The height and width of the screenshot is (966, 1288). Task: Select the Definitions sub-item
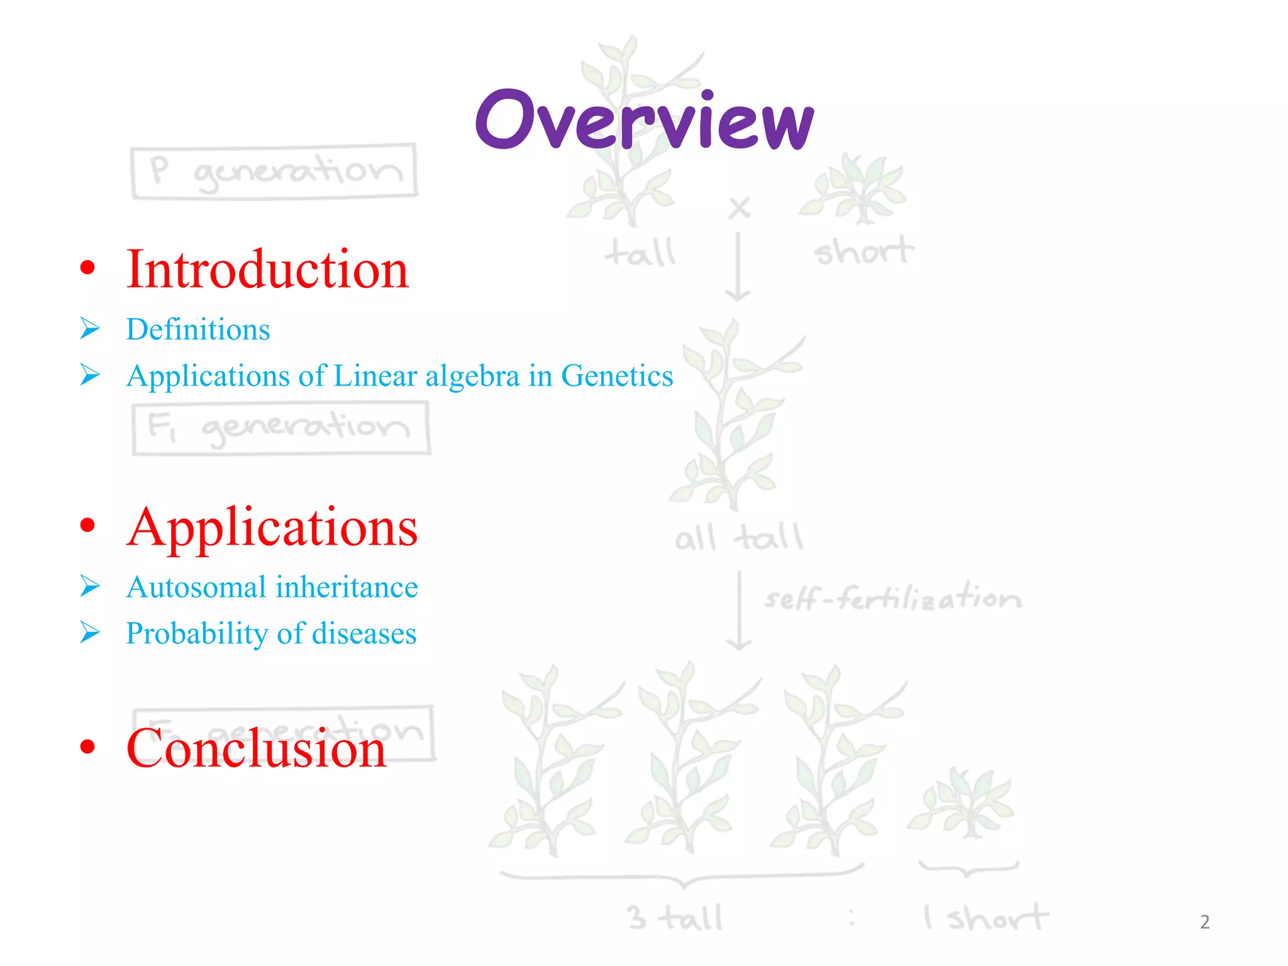(x=197, y=330)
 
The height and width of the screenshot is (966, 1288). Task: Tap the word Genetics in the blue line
(x=616, y=375)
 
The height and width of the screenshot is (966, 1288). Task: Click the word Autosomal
(x=196, y=587)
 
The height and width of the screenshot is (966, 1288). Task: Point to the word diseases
(x=364, y=633)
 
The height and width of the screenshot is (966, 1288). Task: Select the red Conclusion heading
(x=256, y=748)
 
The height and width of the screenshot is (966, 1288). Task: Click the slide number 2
(x=1204, y=922)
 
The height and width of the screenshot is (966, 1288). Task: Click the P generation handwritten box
(x=274, y=171)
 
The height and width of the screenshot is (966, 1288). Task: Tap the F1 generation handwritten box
(x=280, y=428)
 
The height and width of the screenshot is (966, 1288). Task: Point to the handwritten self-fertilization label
(x=892, y=597)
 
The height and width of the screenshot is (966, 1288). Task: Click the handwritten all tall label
(x=738, y=538)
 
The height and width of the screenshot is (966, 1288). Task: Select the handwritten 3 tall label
(x=675, y=918)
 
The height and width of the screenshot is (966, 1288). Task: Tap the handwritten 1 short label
(x=985, y=918)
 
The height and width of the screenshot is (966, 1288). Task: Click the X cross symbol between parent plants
(x=740, y=208)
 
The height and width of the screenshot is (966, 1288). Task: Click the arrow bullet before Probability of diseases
(x=90, y=633)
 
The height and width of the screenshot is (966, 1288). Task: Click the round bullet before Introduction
(x=87, y=268)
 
